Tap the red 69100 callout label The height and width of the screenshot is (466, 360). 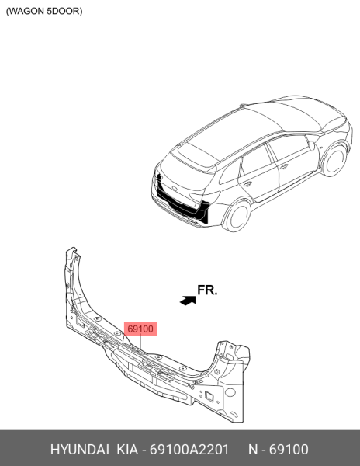[x=140, y=329]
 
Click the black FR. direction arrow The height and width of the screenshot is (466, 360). [x=189, y=301]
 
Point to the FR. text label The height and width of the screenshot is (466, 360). [x=207, y=290]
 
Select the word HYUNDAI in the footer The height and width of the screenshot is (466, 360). [x=80, y=450]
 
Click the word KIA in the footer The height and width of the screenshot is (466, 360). [x=127, y=450]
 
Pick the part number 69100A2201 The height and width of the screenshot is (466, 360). [x=189, y=450]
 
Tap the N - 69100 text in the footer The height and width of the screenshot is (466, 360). [x=279, y=450]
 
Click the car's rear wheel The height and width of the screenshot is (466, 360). [x=237, y=216]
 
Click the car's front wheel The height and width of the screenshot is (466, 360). [x=334, y=161]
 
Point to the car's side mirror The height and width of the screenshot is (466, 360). [x=311, y=146]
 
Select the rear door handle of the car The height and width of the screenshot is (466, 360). [x=247, y=185]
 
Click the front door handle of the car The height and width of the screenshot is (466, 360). [x=284, y=167]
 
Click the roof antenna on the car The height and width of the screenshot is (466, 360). [x=243, y=105]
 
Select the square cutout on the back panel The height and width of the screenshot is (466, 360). [x=209, y=396]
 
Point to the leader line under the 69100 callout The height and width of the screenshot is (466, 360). [x=140, y=343]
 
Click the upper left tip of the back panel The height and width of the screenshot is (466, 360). [x=72, y=248]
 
